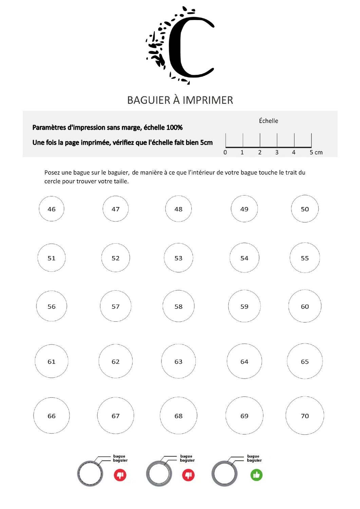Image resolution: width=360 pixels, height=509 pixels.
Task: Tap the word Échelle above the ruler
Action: pos(268,121)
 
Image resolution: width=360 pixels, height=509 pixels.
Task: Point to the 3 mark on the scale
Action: pos(277,152)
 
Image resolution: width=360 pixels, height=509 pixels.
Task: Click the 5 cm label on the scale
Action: pos(316,152)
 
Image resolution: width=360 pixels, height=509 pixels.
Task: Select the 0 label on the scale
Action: pos(225,152)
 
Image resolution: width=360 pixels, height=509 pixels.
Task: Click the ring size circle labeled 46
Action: pos(52,209)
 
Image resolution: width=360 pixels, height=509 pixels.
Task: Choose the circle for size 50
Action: pos(305,209)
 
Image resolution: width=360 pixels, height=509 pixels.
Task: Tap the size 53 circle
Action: pos(178,258)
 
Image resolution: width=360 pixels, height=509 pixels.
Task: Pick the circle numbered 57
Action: pos(116,306)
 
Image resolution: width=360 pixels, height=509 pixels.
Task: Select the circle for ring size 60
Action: pos(305,306)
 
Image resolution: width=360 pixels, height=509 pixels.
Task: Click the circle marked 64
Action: pos(244,361)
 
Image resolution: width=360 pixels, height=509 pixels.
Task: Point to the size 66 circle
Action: pos(52,416)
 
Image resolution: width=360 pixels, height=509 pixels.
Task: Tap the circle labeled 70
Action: pos(305,416)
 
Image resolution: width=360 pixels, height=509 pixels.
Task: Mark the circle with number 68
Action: pos(178,416)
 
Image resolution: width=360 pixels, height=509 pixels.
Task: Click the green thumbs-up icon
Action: pos(257,475)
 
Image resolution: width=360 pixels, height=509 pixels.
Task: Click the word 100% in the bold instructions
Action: pos(174,128)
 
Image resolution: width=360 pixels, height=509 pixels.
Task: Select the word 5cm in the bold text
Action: pos(206,143)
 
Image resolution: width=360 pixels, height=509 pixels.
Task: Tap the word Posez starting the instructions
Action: pos(52,173)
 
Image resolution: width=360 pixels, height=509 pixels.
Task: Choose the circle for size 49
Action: pos(244,209)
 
